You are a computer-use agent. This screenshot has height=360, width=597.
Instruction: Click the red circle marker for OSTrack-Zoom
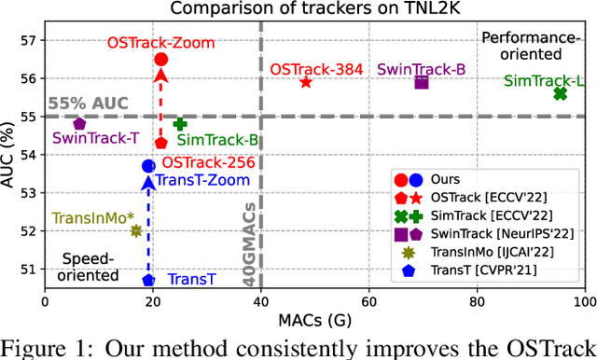[x=160, y=59]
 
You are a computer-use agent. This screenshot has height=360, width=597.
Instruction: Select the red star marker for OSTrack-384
[x=306, y=82]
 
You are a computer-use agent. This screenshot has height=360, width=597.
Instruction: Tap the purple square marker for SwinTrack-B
[x=422, y=82]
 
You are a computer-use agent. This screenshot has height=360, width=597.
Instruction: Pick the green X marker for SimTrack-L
[x=560, y=93]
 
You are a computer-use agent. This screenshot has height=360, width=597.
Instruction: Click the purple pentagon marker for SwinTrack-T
[x=79, y=123]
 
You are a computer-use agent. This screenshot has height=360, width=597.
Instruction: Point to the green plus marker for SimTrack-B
[x=180, y=124]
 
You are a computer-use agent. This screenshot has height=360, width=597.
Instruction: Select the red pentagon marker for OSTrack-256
[x=160, y=143]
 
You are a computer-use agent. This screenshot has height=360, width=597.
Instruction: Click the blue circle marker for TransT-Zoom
[x=148, y=166]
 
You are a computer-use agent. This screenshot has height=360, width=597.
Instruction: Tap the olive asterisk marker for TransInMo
[x=136, y=230]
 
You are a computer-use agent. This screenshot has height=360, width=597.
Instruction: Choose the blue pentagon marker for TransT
[x=148, y=280]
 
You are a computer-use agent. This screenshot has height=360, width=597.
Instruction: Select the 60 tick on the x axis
[x=369, y=303]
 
